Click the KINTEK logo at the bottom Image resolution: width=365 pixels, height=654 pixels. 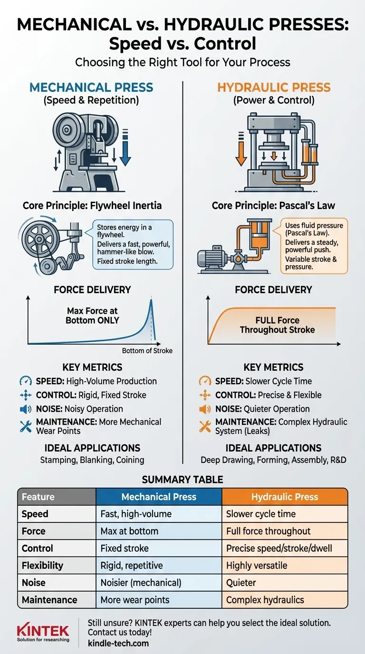pyautogui.click(x=43, y=631)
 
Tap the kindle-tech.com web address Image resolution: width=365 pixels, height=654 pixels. pyautogui.click(x=118, y=644)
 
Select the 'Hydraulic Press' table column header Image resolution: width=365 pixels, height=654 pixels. pyautogui.click(x=284, y=497)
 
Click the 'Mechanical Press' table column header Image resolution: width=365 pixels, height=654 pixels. pyautogui.click(x=159, y=497)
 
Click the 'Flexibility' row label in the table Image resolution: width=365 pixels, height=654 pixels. pyautogui.click(x=42, y=566)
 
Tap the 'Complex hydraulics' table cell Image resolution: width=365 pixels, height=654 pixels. pyautogui.click(x=265, y=600)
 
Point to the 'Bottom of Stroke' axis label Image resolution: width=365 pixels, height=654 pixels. pyautogui.click(x=147, y=351)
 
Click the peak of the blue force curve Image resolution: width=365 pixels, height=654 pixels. pyautogui.click(x=151, y=299)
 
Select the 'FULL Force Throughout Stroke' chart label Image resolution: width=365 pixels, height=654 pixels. pyautogui.click(x=277, y=325)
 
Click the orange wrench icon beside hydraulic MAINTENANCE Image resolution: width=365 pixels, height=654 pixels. pyautogui.click(x=205, y=426)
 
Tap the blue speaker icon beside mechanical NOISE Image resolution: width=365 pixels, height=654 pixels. pyautogui.click(x=25, y=409)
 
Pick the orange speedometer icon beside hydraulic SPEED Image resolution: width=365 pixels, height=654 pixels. pyautogui.click(x=205, y=381)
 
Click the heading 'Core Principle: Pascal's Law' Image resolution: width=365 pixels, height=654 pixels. pyautogui.click(x=273, y=206)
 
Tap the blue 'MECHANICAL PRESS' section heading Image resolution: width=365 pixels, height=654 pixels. pyautogui.click(x=91, y=87)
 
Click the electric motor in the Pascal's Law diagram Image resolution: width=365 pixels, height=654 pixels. pyautogui.click(x=212, y=259)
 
